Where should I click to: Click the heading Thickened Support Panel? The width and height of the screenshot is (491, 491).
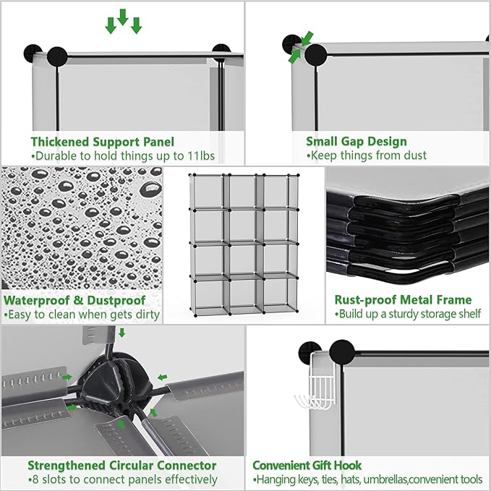[x=103, y=142]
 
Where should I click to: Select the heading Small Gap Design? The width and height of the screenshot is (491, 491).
[x=356, y=142]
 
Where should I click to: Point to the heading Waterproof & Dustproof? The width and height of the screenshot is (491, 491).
[x=74, y=300]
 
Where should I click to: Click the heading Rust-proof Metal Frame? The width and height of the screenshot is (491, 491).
[x=403, y=299]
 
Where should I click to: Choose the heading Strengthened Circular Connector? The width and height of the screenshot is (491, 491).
[x=121, y=465]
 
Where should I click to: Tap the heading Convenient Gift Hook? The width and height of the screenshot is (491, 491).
[x=307, y=465]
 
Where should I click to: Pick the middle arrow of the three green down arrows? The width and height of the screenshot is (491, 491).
[x=123, y=17]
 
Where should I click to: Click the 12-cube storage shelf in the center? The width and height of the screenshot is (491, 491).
[x=244, y=244]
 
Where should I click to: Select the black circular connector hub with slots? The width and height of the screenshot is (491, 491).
[x=114, y=382]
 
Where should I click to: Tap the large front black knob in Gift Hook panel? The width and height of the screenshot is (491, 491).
[x=342, y=352]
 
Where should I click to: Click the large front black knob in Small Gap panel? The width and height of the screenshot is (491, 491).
[x=315, y=55]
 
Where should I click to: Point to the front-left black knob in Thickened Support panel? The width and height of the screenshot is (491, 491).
[x=57, y=56]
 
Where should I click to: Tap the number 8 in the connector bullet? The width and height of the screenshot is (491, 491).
[x=35, y=479]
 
